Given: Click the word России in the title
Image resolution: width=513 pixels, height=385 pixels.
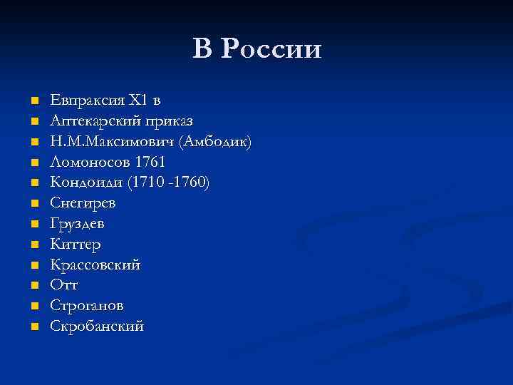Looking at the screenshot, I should [x=271, y=50].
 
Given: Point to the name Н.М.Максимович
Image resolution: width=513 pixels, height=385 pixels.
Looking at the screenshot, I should [x=113, y=141].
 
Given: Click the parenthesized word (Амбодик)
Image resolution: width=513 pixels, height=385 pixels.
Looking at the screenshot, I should [x=216, y=141].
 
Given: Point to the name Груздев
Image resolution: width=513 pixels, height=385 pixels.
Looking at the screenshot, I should [x=77, y=224].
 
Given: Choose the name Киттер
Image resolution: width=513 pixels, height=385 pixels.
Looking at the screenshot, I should [x=75, y=245].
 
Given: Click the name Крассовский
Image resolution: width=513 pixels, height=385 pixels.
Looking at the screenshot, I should [x=95, y=265].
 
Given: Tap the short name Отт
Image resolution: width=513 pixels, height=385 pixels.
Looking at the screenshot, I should [x=64, y=285].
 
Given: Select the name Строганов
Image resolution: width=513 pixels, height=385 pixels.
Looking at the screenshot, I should [x=86, y=306].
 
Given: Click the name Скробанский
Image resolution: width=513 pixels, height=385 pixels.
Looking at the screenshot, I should [x=97, y=327].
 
